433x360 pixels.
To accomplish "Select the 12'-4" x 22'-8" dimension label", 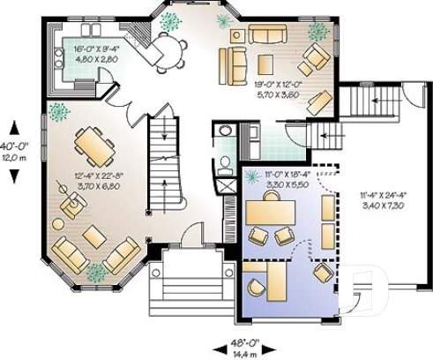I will coord(98,182).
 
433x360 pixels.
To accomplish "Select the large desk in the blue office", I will coord(272,213).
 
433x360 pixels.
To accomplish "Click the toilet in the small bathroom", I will coord(224,135).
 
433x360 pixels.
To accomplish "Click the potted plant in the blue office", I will coord(254,176).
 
